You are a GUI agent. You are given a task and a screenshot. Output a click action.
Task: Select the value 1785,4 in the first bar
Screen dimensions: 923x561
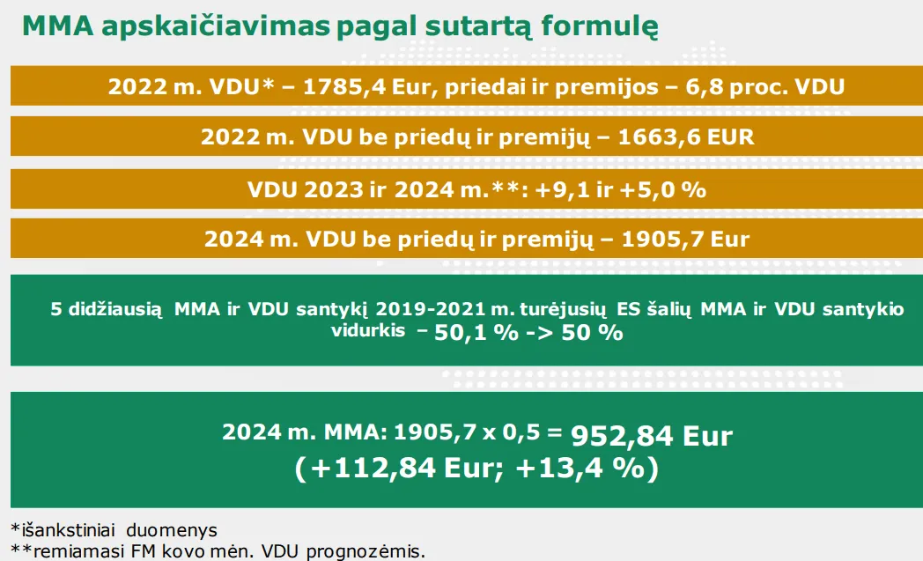tap(344, 87)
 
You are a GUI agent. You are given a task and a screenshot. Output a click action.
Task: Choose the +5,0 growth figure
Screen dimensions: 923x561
tap(646, 190)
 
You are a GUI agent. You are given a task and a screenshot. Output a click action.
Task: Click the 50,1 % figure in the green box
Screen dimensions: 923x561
tap(476, 333)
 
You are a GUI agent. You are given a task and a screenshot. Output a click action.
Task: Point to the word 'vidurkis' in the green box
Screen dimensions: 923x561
tap(368, 330)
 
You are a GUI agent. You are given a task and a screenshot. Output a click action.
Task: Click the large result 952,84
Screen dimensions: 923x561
tap(622, 436)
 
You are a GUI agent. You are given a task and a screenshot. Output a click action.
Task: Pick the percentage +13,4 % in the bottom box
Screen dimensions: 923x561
tap(580, 468)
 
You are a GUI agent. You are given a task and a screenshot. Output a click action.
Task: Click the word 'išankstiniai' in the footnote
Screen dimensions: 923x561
tap(69, 530)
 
